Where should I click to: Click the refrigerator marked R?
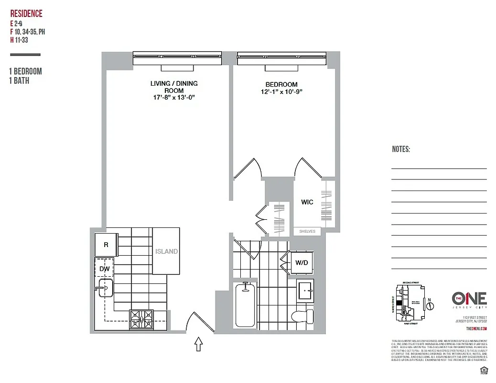tap(106, 245)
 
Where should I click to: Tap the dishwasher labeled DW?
tap(105, 269)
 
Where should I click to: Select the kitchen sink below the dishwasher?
tap(106, 289)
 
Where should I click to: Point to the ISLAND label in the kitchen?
tap(166, 251)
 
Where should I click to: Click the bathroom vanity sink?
tap(304, 290)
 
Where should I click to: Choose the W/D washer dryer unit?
tap(301, 262)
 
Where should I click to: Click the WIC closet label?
tap(307, 202)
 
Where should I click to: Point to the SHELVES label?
tap(307, 231)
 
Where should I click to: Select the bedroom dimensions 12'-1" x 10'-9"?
tap(281, 91)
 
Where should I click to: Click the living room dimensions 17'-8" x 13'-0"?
tap(174, 97)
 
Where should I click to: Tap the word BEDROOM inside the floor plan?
tap(281, 84)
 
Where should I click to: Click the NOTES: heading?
tap(401, 149)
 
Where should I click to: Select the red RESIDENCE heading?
tap(26, 14)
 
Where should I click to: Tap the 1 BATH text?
tap(19, 81)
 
